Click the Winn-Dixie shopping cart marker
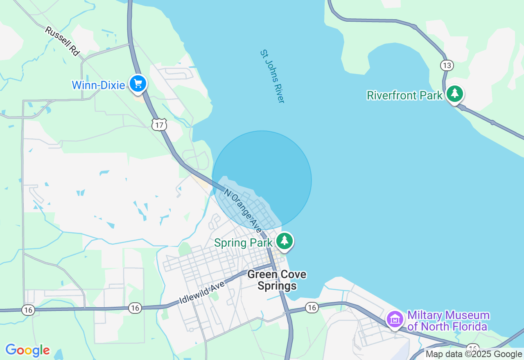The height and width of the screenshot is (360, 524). click(x=138, y=83)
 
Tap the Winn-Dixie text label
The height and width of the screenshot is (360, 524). click(x=98, y=85)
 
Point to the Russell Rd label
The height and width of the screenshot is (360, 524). click(x=62, y=41)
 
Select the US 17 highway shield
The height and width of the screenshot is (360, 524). click(x=159, y=125)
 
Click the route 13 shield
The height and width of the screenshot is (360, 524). click(x=447, y=65)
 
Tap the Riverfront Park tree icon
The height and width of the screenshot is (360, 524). click(x=454, y=94)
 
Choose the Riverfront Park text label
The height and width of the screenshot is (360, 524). click(x=404, y=95)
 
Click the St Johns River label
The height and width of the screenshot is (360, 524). click(x=272, y=76)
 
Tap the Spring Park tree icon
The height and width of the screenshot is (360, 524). click(x=285, y=241)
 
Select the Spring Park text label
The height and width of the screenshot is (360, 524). click(x=243, y=243)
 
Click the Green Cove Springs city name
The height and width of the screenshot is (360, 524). click(x=277, y=280)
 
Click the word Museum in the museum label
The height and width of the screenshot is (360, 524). click(x=467, y=315)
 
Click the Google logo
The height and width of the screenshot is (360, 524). click(x=27, y=350)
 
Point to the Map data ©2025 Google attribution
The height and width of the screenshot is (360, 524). click(x=474, y=354)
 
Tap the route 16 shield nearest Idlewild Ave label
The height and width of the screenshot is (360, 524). click(x=135, y=308)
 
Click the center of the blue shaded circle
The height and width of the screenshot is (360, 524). click(x=262, y=180)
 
